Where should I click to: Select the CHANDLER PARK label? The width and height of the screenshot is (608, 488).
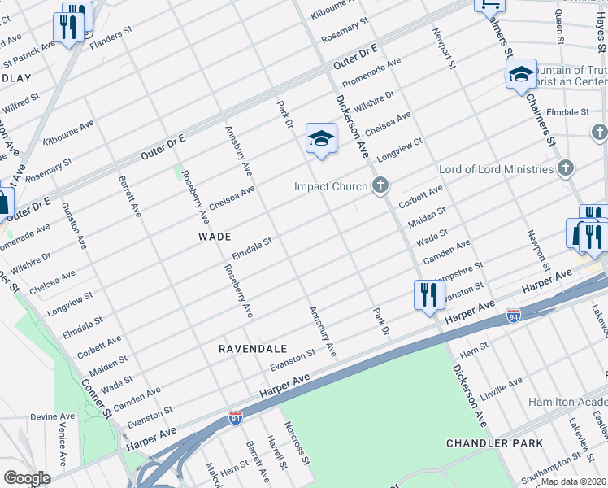tap(488, 443)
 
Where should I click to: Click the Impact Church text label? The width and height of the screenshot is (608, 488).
tap(331, 187)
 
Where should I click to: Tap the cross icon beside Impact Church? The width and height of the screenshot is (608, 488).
tap(380, 186)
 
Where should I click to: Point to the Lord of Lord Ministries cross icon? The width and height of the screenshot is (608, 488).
tap(566, 168)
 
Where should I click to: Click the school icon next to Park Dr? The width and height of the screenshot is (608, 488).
tap(321, 138)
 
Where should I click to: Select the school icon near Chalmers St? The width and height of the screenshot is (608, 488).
tap(520, 74)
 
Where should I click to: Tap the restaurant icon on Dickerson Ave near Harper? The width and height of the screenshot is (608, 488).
tap(428, 294)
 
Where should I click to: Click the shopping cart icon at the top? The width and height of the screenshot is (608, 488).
tap(490, 4)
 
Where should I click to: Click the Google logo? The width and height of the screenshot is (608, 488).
tap(27, 478)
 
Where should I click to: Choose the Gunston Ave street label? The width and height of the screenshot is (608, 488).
tap(74, 225)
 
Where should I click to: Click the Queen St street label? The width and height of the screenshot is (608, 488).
tap(559, 24)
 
